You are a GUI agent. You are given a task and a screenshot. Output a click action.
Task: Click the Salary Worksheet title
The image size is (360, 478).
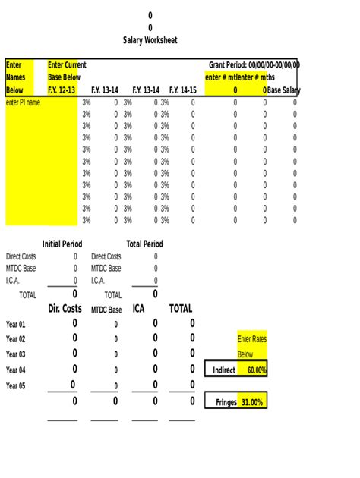(x=150, y=40)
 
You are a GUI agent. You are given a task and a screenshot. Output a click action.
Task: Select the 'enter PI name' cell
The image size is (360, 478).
(x=23, y=102)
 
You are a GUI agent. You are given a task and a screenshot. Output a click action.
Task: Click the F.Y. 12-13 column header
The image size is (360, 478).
(x=62, y=90)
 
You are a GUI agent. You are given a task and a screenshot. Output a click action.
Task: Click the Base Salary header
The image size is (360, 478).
(x=284, y=90)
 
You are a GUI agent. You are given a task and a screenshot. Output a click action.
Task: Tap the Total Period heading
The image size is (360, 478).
(x=144, y=244)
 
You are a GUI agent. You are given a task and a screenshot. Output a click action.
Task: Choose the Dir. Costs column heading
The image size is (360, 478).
(x=65, y=309)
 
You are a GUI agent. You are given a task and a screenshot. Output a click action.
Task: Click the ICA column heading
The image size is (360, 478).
(x=138, y=309)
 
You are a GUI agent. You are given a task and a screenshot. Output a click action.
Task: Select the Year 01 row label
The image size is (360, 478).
(x=16, y=324)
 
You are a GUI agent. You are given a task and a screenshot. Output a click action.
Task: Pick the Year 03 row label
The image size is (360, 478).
(x=16, y=354)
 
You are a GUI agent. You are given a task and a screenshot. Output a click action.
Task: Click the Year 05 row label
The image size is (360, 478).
(x=16, y=385)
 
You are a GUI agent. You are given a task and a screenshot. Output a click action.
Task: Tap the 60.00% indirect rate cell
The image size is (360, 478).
(x=252, y=370)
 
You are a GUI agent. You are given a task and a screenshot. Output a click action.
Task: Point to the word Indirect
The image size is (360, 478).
(x=221, y=370)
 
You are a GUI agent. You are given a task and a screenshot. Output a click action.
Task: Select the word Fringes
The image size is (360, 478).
(x=221, y=402)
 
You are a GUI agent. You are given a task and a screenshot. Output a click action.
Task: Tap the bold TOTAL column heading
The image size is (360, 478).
(x=180, y=309)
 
